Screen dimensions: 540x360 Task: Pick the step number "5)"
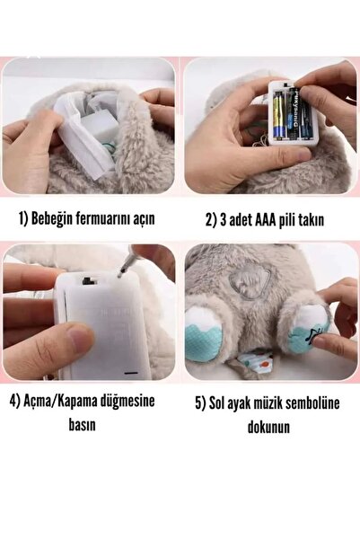point(204,403)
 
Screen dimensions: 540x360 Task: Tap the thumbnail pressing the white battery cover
point(81,339)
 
